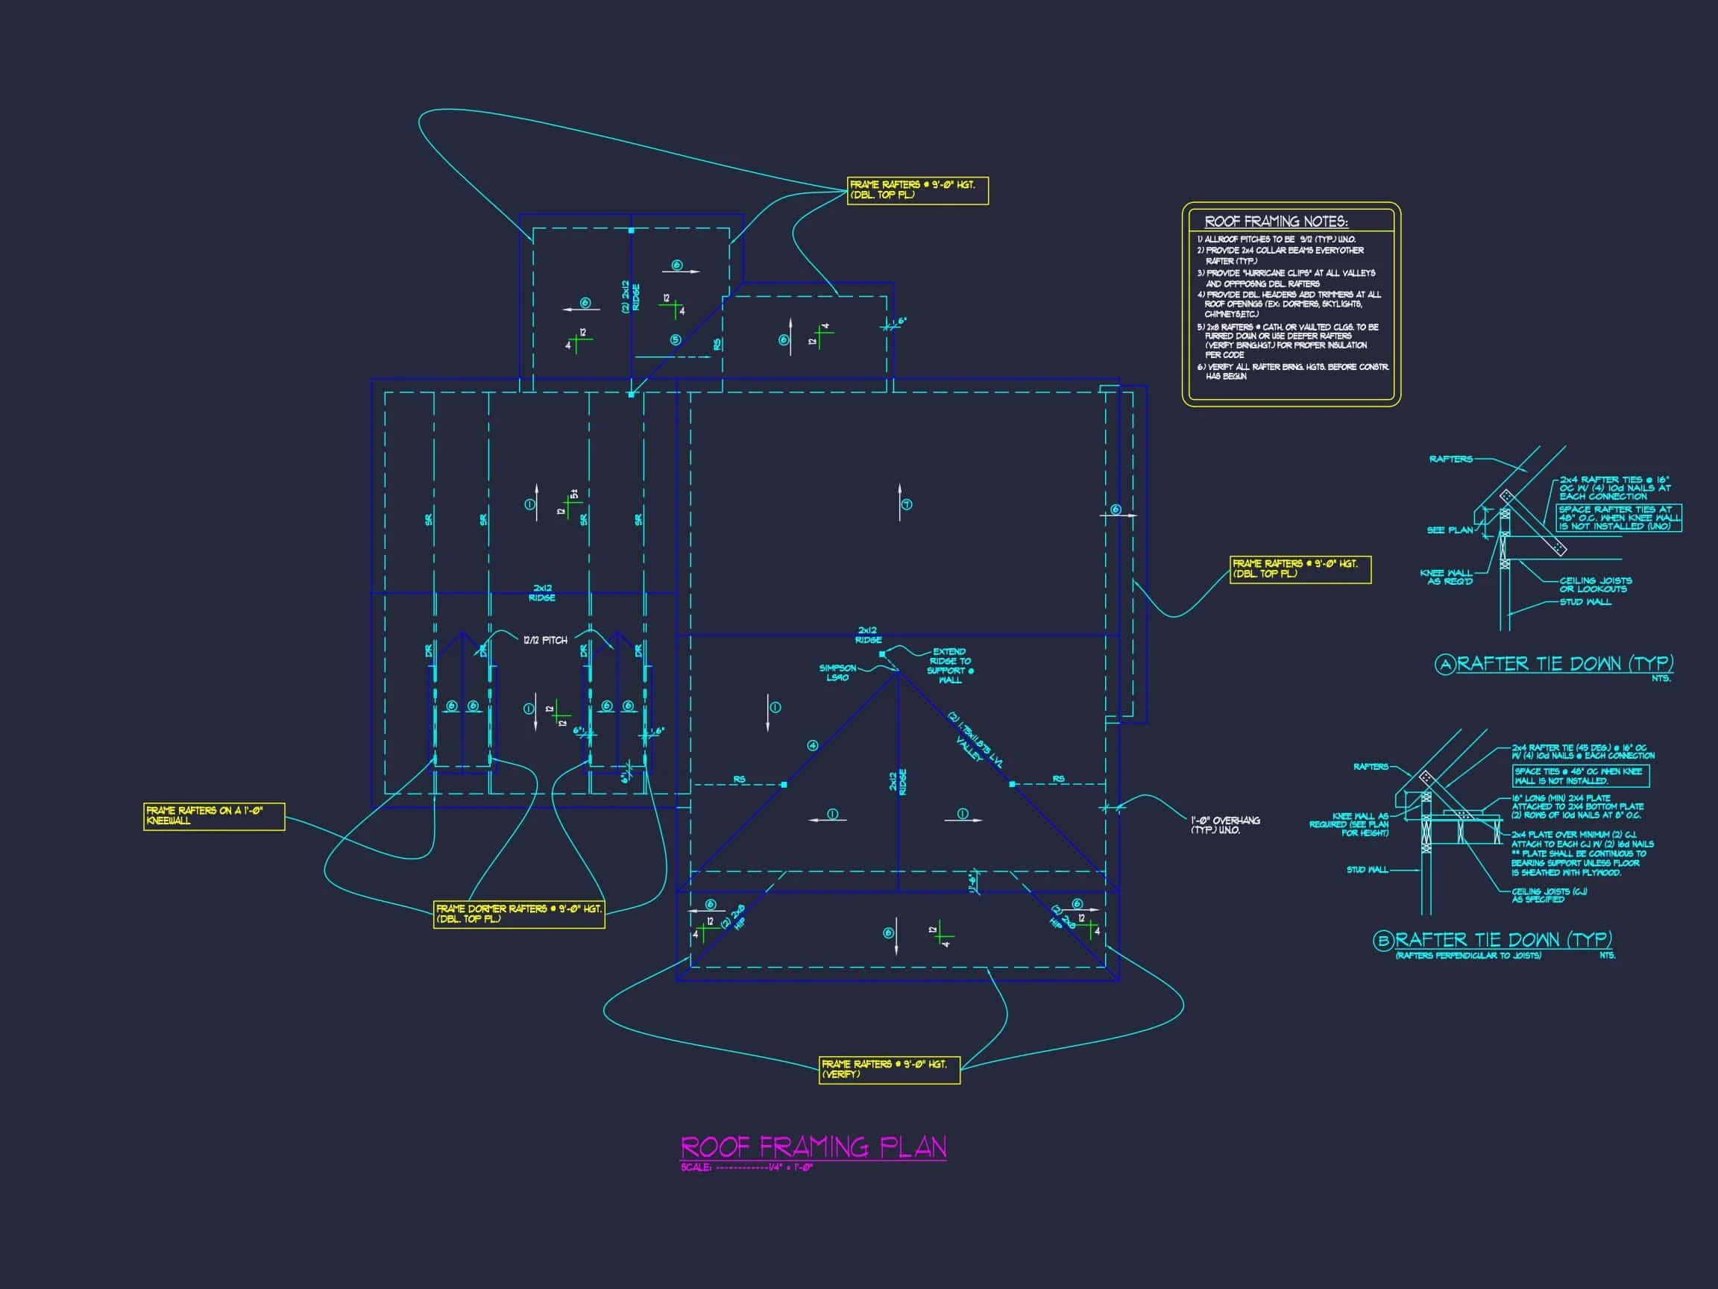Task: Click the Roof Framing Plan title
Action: click(814, 1147)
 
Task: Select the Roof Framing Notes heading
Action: click(1276, 222)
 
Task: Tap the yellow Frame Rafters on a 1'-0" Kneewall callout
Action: click(213, 816)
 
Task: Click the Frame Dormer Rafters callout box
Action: click(519, 914)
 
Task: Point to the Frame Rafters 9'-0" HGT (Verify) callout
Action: click(890, 1069)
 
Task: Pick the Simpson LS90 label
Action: click(837, 673)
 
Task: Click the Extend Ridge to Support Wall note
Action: click(949, 666)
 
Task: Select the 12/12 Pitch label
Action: click(545, 640)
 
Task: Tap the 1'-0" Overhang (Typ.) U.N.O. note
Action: click(1225, 825)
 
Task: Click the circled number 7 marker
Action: click(907, 504)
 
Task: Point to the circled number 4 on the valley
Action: click(813, 745)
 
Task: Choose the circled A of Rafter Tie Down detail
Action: click(1444, 665)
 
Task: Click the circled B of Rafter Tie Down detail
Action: click(1382, 941)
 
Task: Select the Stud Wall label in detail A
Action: click(1585, 602)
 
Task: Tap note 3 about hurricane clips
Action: click(1289, 278)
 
